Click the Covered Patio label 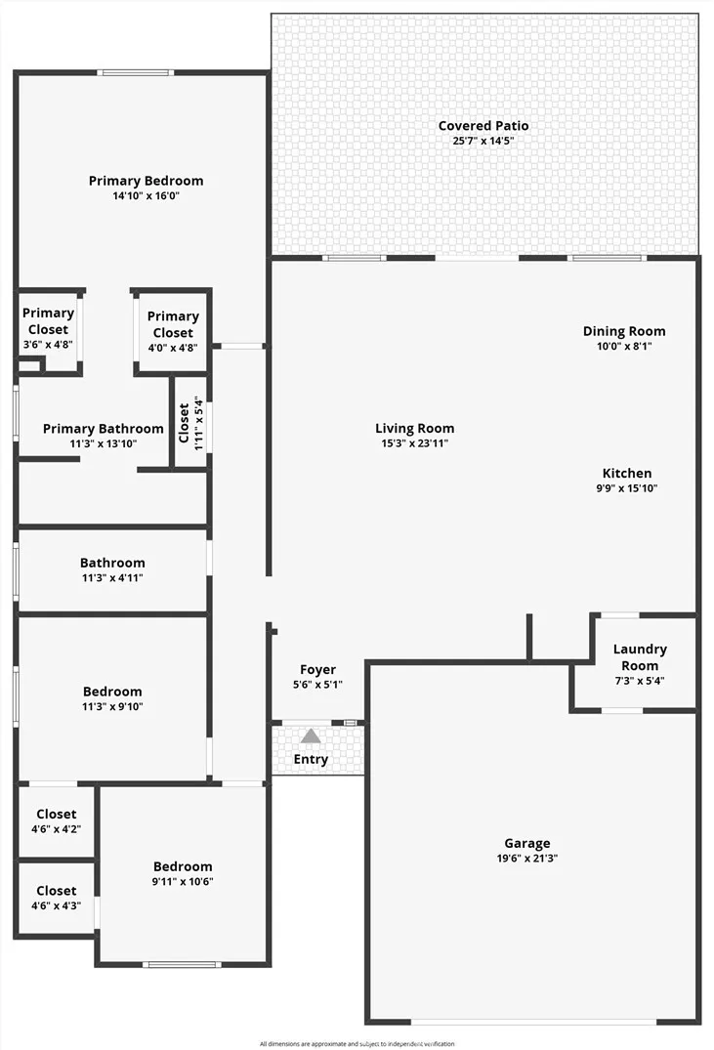483,126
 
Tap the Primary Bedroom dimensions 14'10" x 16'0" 146,196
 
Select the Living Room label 414,429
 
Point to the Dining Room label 624,331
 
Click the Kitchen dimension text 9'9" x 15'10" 627,488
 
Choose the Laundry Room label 640,657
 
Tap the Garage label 527,844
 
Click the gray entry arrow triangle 310,735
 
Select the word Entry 311,759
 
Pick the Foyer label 317,670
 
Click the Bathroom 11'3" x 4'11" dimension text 112,578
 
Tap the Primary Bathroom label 104,429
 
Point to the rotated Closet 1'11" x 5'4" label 190,423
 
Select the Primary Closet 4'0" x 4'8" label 173,331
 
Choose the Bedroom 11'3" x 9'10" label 112,697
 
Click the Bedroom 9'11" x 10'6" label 183,873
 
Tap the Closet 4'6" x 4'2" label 57,821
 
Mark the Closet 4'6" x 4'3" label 57,898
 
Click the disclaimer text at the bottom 357,1043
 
